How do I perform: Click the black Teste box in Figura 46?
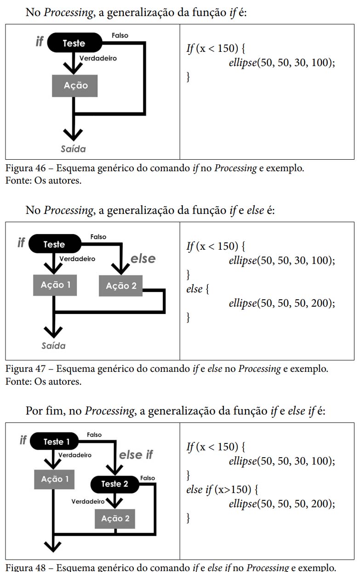74,43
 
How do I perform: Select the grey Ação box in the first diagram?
75,85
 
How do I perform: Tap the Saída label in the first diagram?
73,149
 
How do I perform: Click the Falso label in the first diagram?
120,35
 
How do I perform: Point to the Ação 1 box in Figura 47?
55,285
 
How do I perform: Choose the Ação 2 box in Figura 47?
121,286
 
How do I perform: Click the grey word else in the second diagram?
143,259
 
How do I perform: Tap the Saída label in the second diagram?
53,346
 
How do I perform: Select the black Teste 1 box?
57,442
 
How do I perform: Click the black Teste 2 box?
114,484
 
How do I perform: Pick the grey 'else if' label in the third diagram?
136,455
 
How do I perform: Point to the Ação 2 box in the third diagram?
115,519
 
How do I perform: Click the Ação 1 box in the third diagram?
55,479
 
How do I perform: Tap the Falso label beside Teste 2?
148,478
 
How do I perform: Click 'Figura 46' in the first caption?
22,168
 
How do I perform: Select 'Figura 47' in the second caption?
22,369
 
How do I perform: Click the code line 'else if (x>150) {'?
222,489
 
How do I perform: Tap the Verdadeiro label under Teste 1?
75,455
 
